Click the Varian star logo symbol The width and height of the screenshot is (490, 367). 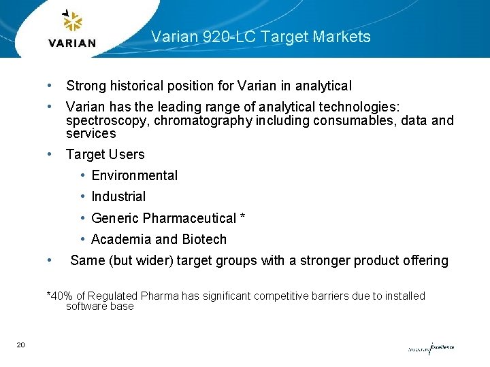tap(72, 22)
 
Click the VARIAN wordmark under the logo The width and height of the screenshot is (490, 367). tap(72, 43)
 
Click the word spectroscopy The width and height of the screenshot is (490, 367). tap(107, 121)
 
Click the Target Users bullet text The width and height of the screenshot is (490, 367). tap(105, 154)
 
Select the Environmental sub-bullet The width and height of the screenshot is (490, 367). tap(134, 175)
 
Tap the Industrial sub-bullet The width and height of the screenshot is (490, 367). tap(118, 196)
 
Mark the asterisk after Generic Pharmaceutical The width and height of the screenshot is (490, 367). tap(242, 217)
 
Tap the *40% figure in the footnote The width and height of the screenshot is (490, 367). tap(59, 296)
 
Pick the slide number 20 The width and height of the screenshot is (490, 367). tap(21, 346)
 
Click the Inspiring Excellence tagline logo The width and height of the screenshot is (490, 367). tap(431, 347)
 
